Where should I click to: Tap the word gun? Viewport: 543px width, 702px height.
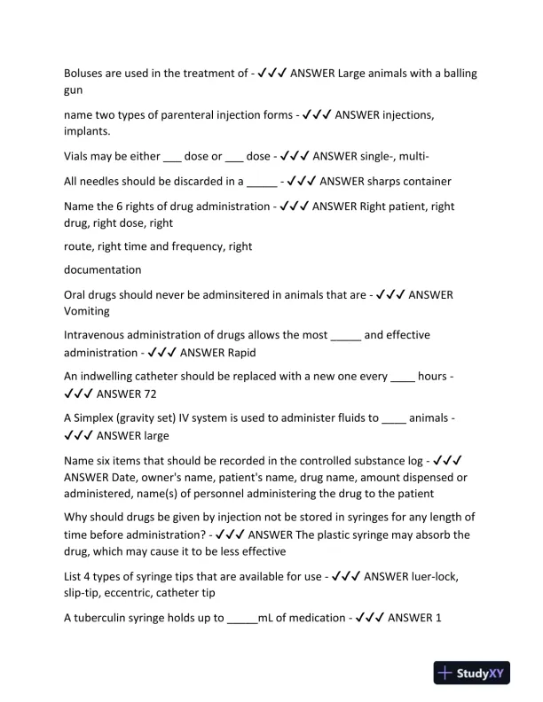[75, 90]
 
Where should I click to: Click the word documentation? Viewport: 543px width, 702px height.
[103, 269]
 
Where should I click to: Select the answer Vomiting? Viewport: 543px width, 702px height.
[87, 311]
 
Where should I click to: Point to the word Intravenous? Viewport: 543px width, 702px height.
[99, 335]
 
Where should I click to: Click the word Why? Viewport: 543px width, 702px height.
[77, 518]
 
